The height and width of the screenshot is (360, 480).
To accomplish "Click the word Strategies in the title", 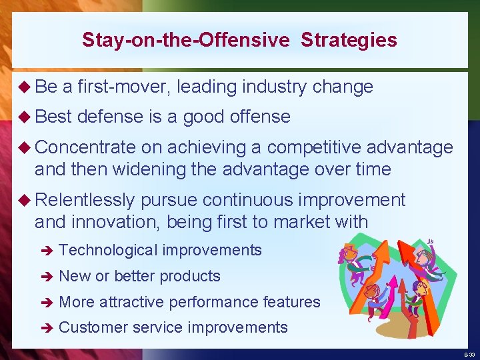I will [349, 40].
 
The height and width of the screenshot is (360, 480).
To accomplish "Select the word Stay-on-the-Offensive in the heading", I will [186, 40].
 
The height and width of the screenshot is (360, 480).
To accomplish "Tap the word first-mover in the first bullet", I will [125, 87].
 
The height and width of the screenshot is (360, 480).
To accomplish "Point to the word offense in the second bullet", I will [261, 117].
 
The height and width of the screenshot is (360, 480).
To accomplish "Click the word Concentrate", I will [85, 147].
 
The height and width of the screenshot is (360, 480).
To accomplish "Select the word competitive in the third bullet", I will [314, 147].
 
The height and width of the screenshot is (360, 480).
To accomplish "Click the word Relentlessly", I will [85, 200].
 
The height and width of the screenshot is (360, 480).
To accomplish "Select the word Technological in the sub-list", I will [108, 251].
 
